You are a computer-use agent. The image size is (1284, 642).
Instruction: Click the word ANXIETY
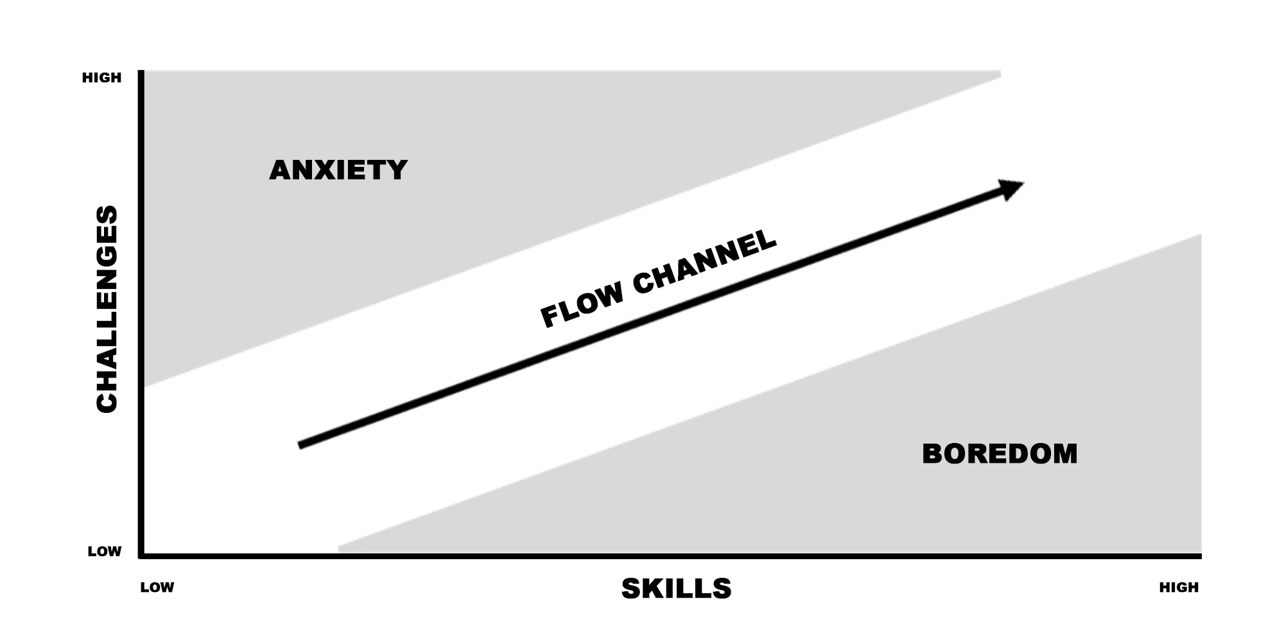tap(338, 170)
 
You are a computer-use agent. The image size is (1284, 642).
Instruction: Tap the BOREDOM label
tap(1000, 454)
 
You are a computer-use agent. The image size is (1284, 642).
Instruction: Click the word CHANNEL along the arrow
tap(705, 262)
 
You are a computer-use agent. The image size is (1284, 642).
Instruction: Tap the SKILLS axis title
tap(676, 589)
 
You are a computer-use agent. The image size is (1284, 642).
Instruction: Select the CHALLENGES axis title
tap(107, 308)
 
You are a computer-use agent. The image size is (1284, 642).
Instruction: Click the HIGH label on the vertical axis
tap(101, 78)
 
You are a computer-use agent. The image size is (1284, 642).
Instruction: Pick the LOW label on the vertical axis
tap(105, 551)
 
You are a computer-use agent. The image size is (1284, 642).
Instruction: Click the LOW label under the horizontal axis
tap(157, 587)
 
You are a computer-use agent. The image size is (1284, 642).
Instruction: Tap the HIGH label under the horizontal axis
tap(1179, 587)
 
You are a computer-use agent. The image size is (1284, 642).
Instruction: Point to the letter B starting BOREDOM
tap(932, 454)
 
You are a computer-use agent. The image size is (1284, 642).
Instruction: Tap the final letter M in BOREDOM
tap(1065, 454)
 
